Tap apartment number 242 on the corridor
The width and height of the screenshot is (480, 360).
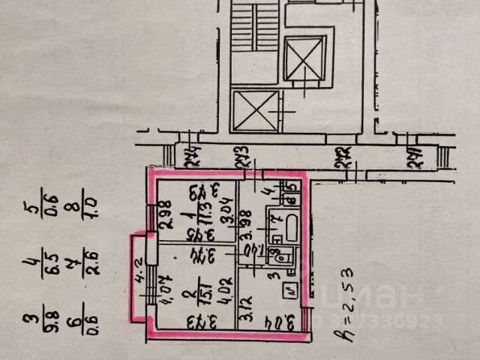click(x=343, y=157)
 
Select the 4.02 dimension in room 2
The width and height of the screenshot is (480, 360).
click(x=221, y=288)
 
